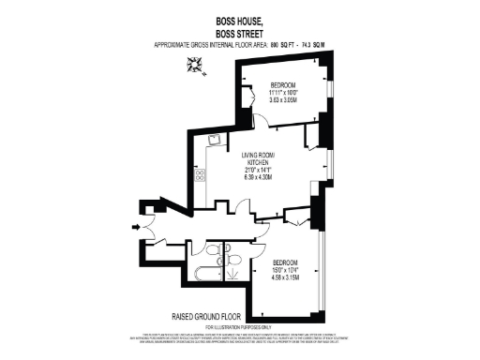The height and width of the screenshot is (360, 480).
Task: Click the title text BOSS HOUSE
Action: coord(240,18)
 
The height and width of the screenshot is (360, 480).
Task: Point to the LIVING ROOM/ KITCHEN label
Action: coord(257,157)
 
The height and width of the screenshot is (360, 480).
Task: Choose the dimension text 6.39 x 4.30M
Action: coord(257,177)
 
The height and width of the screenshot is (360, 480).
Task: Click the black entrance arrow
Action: coord(139,225)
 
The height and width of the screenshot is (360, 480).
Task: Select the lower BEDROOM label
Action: coord(285,262)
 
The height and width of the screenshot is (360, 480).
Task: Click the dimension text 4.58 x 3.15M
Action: coord(285,277)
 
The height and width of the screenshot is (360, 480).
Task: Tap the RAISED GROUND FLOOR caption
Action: coord(206,316)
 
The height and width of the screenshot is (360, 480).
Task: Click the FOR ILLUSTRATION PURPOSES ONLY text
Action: coord(240,326)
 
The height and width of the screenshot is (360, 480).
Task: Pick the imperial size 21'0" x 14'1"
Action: coord(257,170)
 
